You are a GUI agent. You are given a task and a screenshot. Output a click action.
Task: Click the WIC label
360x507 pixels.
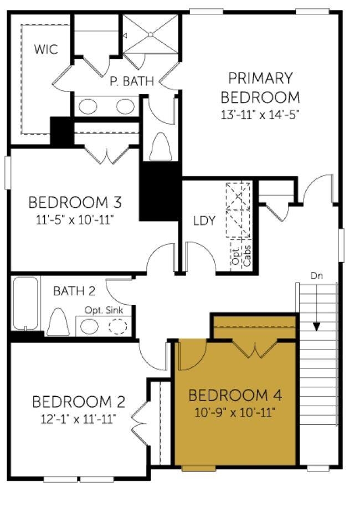46,49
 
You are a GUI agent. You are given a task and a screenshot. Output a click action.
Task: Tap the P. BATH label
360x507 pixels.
131,81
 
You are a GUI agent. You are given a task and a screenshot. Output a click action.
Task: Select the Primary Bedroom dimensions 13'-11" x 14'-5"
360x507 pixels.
260,115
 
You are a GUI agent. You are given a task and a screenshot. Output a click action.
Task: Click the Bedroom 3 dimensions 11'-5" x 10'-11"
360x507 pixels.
75,220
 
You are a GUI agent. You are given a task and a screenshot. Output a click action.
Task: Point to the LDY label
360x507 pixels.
204,221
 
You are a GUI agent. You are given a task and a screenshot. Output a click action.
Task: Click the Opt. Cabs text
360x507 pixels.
241,256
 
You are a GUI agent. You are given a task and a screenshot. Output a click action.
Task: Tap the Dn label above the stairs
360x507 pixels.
317,276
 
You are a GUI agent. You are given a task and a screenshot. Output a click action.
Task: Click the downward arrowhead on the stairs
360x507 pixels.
317,327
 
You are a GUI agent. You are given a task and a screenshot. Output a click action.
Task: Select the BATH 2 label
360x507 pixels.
74,291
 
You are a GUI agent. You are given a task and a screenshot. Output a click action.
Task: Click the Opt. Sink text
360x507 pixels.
104,310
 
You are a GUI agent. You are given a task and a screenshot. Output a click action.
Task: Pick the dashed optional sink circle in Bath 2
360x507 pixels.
117,326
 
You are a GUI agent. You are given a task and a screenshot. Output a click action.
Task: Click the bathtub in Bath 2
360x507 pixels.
25,303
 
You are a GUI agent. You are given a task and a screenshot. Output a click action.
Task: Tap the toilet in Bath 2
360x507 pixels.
58,322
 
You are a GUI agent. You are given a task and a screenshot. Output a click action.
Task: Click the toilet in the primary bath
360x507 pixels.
161,146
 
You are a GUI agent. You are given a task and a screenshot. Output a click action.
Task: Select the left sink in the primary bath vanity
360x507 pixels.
88,107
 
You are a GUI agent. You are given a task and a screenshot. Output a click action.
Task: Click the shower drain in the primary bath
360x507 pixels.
150,34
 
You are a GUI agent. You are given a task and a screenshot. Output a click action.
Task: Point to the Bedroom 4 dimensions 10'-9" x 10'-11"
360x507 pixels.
235,413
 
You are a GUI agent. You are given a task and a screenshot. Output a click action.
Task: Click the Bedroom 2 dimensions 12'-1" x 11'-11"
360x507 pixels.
79,419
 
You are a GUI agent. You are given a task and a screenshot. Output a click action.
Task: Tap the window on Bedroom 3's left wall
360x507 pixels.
8,173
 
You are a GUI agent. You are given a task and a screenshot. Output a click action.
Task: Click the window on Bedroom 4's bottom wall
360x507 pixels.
198,468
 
